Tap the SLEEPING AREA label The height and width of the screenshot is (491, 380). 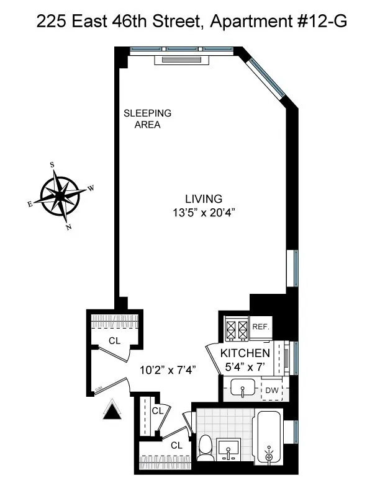[x=147, y=119]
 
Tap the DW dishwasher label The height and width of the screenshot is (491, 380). [x=271, y=390]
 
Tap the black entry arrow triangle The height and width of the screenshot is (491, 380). [x=111, y=410]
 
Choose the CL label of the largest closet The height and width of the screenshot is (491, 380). [x=114, y=340]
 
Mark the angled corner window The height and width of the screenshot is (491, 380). [x=265, y=75]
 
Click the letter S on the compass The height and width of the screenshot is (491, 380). [x=52, y=165]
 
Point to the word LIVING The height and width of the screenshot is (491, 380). [x=204, y=199]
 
